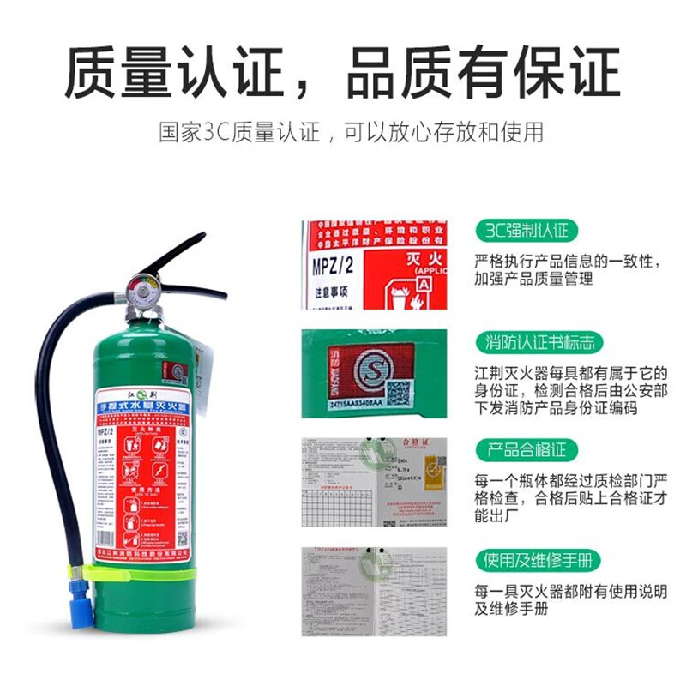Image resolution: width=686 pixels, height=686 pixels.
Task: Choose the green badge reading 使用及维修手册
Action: [538, 561]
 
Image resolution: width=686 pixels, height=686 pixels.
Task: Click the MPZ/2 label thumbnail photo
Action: [374, 265]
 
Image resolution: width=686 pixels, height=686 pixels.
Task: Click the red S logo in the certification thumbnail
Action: [359, 374]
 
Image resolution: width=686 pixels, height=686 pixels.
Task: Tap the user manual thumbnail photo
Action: [374, 592]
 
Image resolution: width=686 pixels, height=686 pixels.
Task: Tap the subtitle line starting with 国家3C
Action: [351, 133]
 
